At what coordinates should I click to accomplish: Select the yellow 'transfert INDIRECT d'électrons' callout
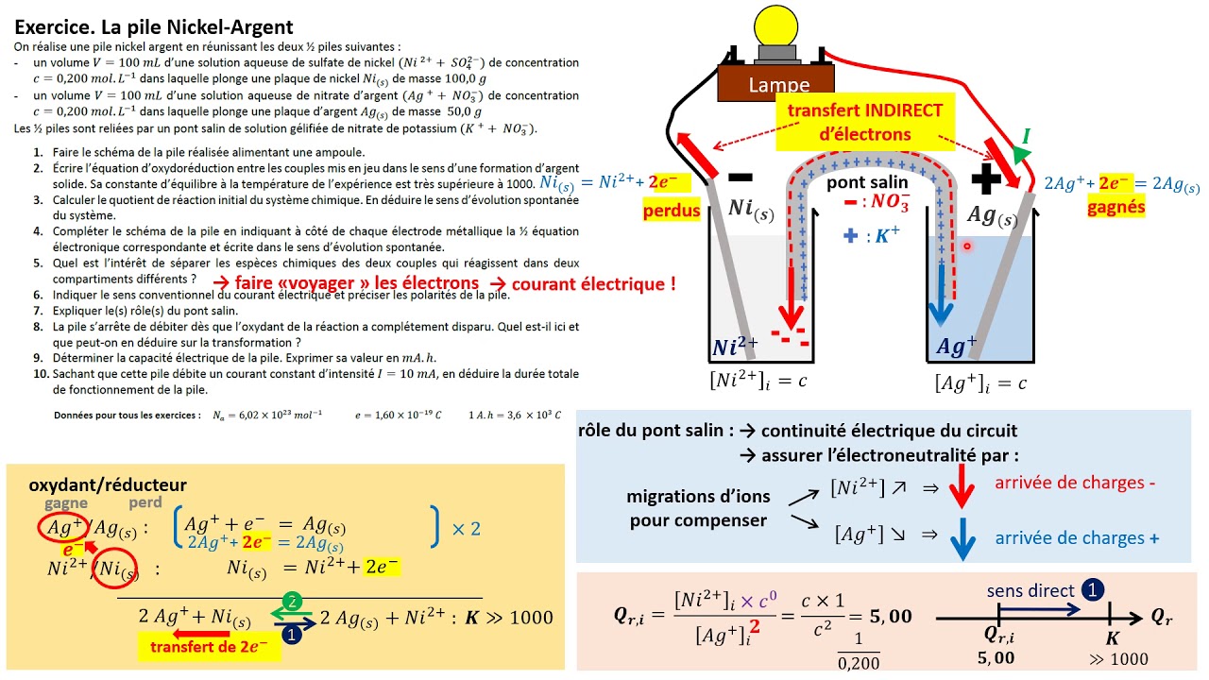coord(864,122)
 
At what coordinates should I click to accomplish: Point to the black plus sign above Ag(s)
coord(985,178)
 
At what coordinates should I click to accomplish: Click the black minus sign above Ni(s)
coord(741,176)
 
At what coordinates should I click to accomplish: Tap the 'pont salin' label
coord(866,182)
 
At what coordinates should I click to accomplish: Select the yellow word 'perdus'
coord(672,209)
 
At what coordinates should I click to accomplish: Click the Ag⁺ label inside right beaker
coord(956,348)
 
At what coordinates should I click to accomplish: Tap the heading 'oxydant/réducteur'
coord(108,484)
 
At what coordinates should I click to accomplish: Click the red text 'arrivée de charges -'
coord(1075,483)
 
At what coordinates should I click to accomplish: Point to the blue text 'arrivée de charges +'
coord(1077,537)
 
